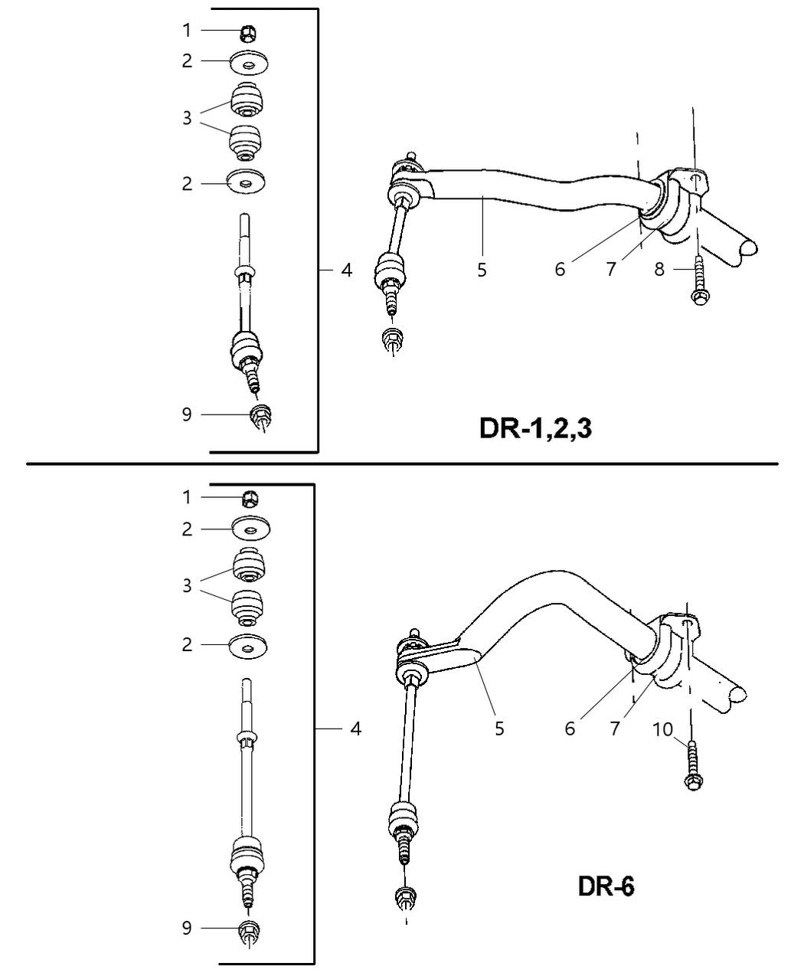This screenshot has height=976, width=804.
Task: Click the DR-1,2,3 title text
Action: point(535,428)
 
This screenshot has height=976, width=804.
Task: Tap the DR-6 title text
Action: point(605,887)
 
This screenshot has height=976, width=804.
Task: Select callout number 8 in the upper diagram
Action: point(659,270)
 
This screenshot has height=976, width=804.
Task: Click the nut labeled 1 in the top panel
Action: point(247,32)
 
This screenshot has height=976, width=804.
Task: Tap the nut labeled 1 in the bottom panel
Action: point(249,498)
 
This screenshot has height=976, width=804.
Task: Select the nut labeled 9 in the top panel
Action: point(261,415)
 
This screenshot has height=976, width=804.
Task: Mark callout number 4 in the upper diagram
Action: point(347,270)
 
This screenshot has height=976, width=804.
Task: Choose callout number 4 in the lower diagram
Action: point(355,728)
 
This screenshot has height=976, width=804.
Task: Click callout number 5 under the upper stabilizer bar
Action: point(482,270)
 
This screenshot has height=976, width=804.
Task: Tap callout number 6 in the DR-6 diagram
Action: point(570,728)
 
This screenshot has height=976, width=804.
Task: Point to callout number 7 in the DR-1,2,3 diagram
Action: point(610,270)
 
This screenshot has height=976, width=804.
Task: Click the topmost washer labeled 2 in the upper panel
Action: point(248,61)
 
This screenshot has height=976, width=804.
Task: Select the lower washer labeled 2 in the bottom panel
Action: point(247,647)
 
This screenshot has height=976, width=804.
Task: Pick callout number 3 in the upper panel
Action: point(187,118)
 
